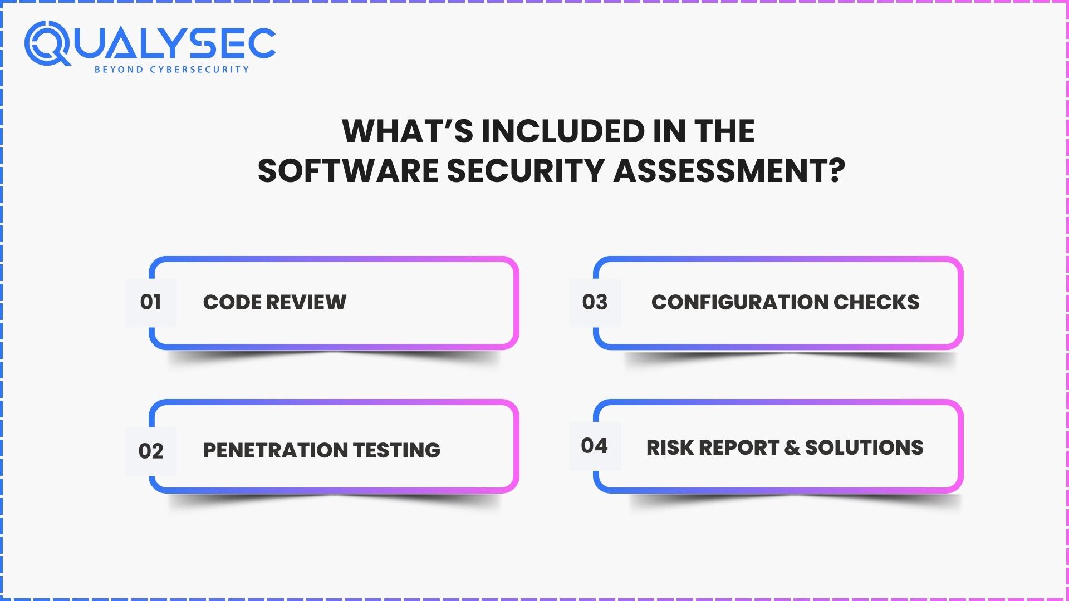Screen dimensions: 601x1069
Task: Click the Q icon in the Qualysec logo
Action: (47, 43)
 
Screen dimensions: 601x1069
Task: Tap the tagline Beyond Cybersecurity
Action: (171, 70)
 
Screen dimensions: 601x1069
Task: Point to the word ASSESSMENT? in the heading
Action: (729, 170)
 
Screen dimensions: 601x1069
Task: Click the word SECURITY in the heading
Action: (526, 170)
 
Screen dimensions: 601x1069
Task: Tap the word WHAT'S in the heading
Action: (407, 131)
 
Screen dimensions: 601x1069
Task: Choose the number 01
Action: (150, 302)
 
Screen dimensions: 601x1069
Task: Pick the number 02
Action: (151, 451)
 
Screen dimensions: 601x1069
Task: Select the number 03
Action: (595, 302)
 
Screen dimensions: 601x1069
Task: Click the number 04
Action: (594, 446)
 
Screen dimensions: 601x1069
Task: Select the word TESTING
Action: (396, 450)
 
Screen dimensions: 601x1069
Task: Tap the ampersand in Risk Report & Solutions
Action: (792, 448)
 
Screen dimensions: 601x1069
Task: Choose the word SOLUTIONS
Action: (864, 448)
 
